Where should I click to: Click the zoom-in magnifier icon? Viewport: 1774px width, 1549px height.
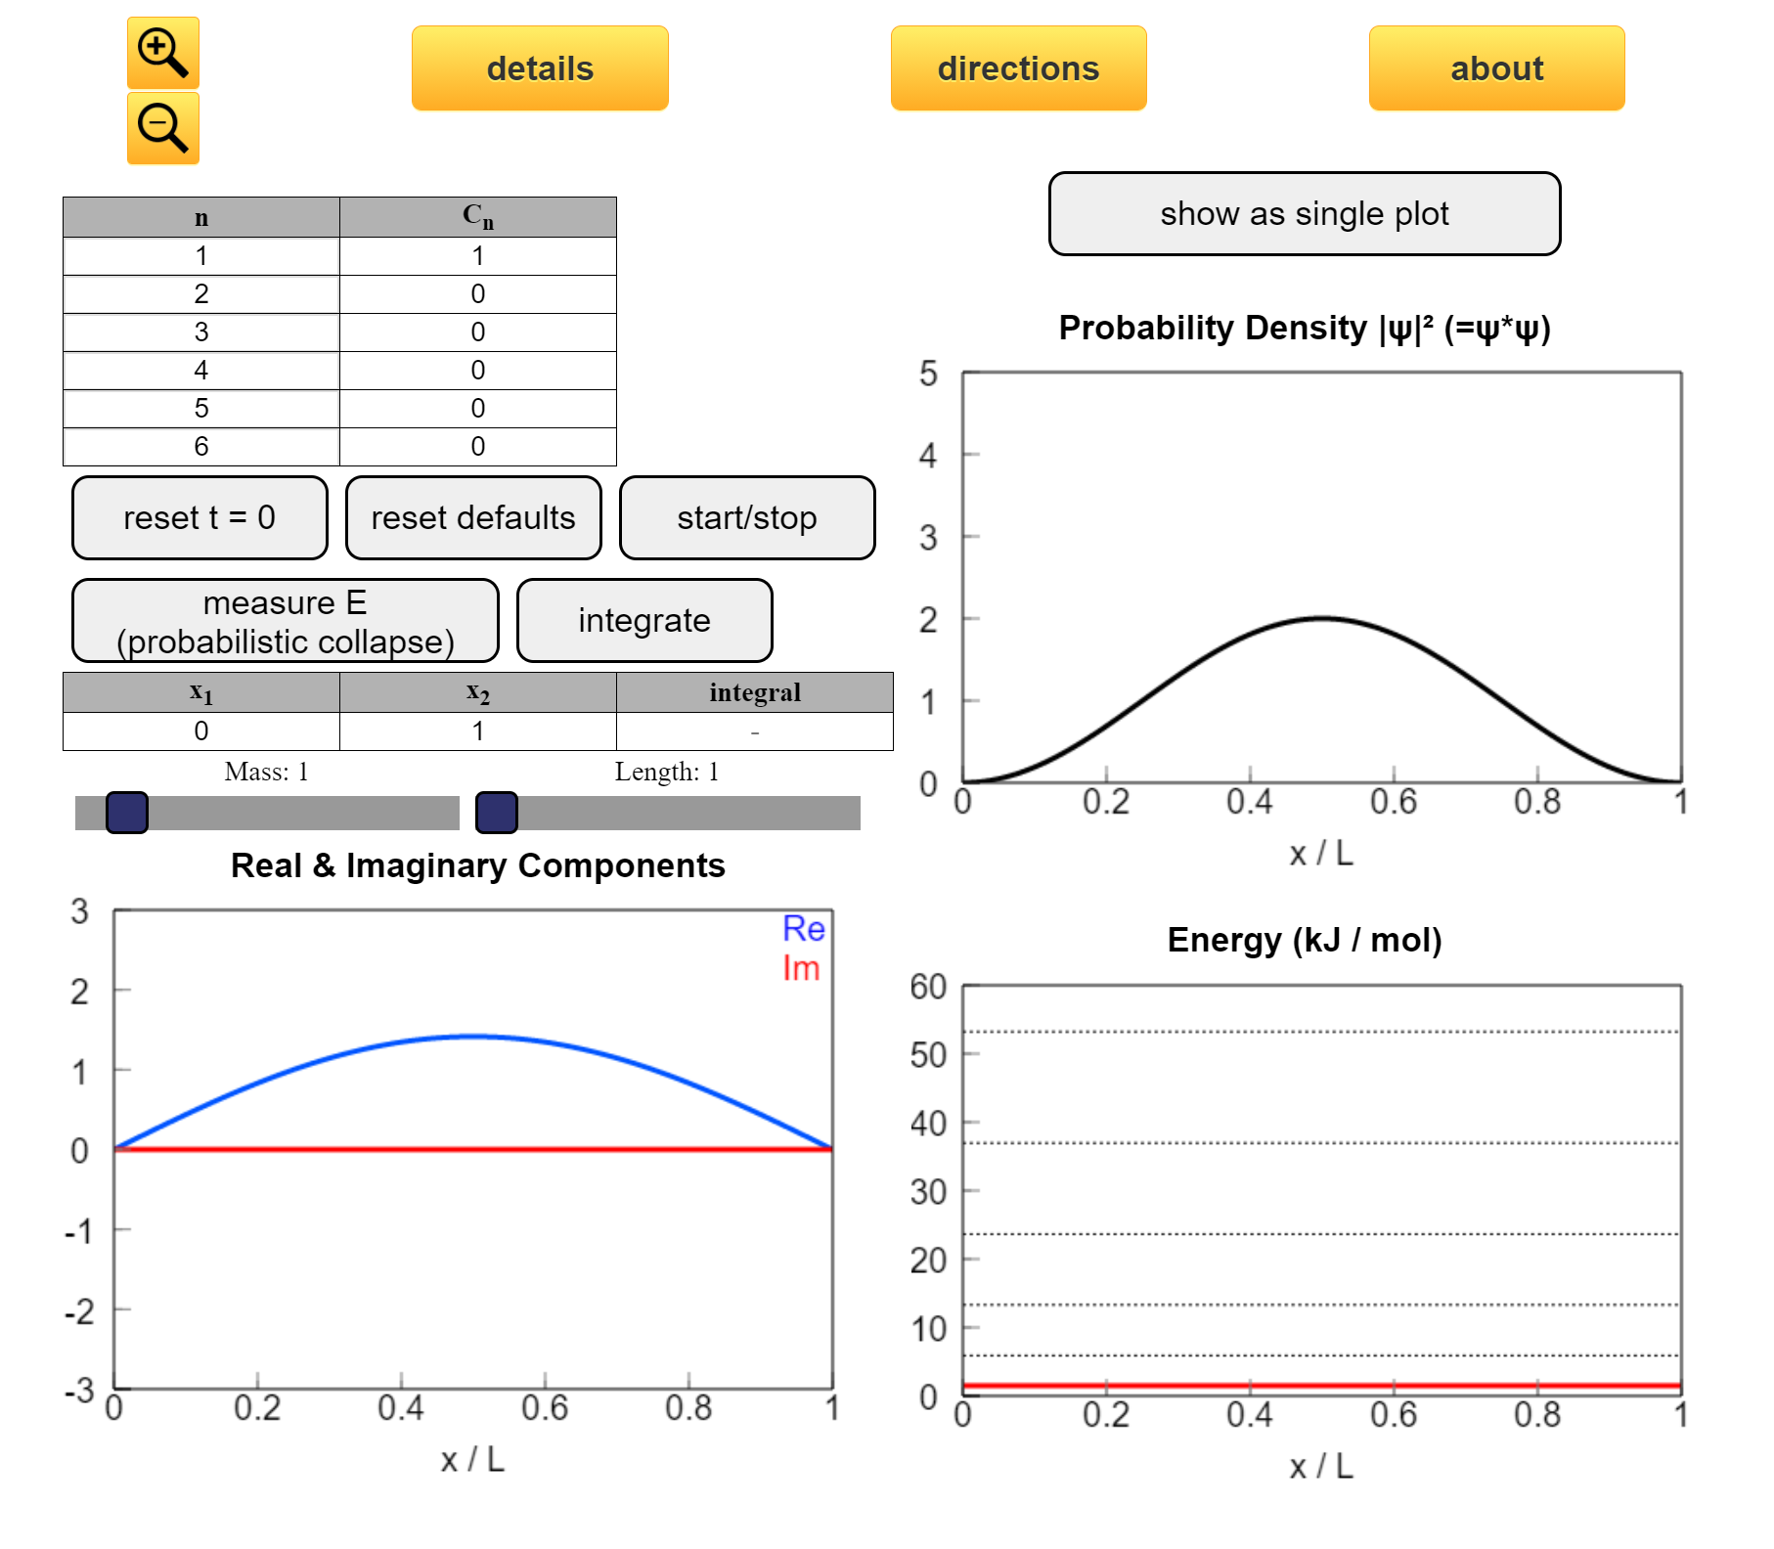(x=162, y=53)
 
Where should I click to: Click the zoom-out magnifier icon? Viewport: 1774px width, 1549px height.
(x=162, y=128)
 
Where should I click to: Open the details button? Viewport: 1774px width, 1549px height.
(x=540, y=68)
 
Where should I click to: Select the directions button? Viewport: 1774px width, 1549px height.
(x=1018, y=68)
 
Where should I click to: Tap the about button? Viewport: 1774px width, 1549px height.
(x=1496, y=68)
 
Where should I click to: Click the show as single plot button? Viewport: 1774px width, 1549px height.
(x=1304, y=214)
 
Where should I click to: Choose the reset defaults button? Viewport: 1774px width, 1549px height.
(x=473, y=518)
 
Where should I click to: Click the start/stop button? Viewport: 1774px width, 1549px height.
(x=747, y=518)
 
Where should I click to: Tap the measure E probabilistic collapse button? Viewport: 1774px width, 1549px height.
(x=286, y=621)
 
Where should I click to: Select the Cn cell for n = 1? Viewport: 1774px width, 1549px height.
(x=477, y=256)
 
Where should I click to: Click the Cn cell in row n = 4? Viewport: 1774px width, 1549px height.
(x=477, y=371)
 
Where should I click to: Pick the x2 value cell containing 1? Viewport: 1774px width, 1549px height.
(x=477, y=731)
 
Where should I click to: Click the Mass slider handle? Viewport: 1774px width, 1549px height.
(x=127, y=813)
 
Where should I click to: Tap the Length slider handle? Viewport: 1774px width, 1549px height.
(x=497, y=813)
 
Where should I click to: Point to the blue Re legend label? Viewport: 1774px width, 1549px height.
(x=804, y=929)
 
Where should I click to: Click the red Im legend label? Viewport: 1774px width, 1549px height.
(x=801, y=968)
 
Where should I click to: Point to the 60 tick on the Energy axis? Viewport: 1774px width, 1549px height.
(x=928, y=987)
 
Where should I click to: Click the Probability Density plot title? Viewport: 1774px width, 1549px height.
(x=1305, y=329)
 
